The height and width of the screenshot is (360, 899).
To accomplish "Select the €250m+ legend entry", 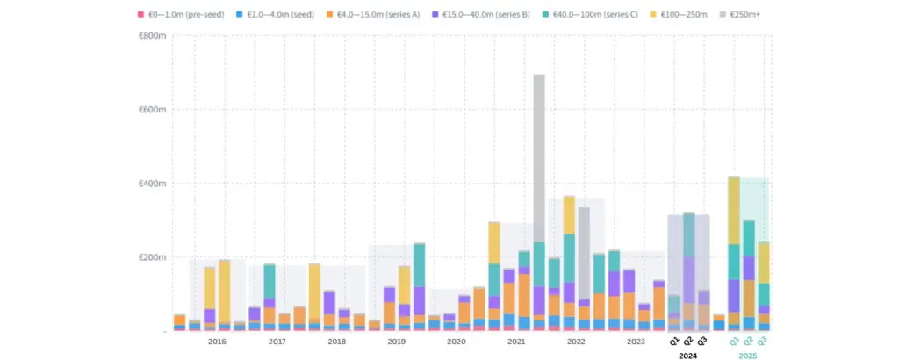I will [x=766, y=15].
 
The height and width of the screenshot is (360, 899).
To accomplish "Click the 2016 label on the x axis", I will [x=217, y=341].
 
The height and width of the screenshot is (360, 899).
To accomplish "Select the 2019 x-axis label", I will [x=396, y=341].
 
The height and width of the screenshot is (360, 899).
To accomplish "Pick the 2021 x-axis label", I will [x=516, y=341].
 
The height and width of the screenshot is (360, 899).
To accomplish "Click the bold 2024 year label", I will [x=688, y=356].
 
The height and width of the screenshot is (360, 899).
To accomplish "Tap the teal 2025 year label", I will [x=748, y=356].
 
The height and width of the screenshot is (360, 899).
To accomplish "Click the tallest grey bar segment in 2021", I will [x=539, y=158].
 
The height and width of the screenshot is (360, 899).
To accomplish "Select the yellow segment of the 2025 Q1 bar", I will [x=733, y=211].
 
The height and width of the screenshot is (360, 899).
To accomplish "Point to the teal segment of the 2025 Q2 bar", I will [x=749, y=238].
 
